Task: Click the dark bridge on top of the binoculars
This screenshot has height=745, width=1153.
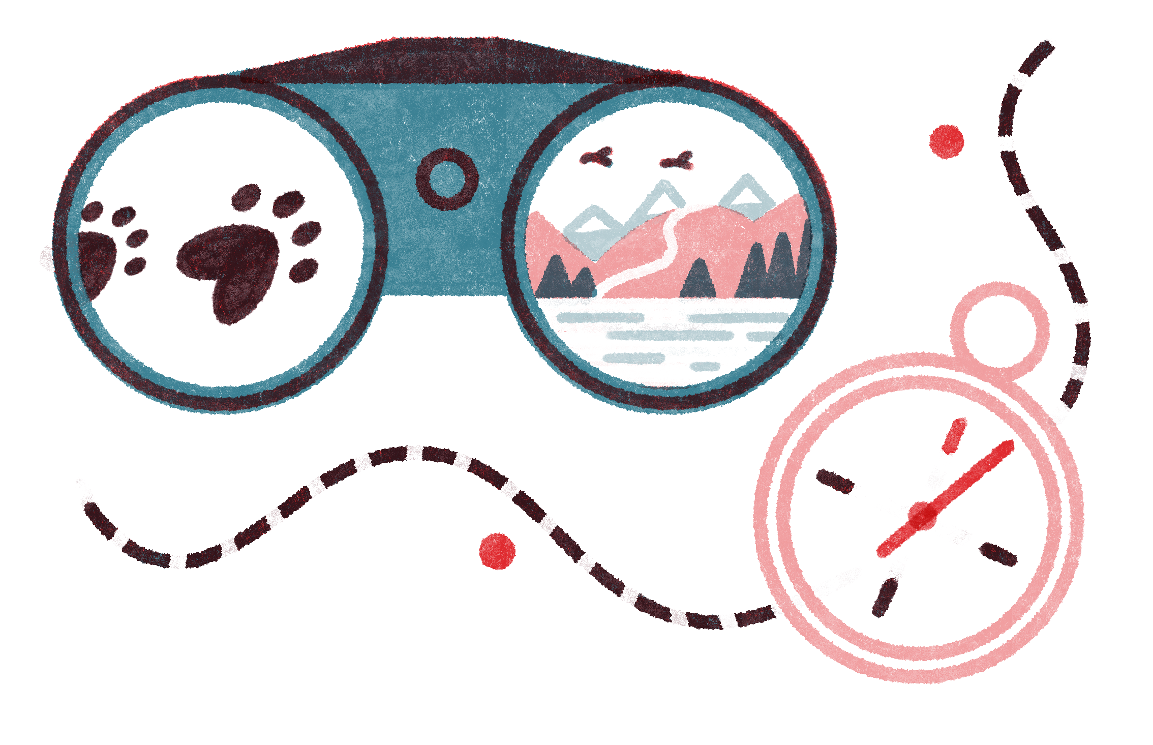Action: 458,64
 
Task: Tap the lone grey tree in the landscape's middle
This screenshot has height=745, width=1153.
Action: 699,280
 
